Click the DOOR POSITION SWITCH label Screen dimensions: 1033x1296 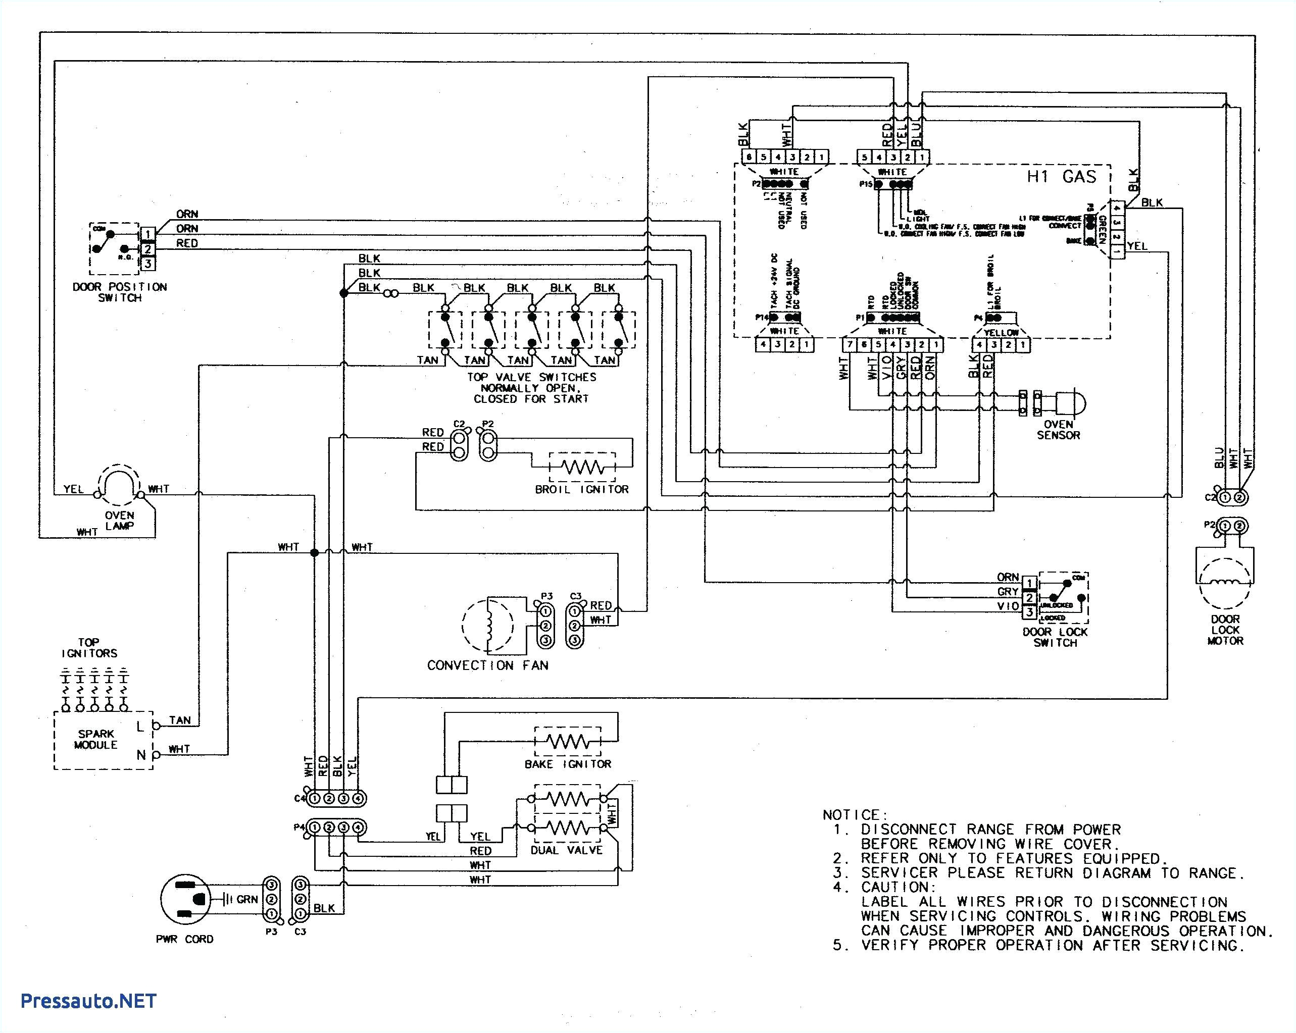120,292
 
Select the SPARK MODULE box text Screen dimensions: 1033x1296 95,739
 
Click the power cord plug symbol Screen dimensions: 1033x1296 186,898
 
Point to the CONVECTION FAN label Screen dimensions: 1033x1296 487,665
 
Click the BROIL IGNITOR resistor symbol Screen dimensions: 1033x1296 582,467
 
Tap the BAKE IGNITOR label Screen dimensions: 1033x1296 568,764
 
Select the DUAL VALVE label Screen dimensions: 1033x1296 566,850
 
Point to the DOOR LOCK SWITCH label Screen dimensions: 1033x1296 1055,637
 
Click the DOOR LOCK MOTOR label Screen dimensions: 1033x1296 1225,630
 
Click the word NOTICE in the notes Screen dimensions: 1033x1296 854,815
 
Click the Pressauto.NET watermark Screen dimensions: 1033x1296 88,1001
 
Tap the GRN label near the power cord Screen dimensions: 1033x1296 247,899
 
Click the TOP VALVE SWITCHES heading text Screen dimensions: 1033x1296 531,377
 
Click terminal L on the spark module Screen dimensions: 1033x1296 140,727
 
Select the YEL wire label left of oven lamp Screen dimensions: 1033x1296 74,489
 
